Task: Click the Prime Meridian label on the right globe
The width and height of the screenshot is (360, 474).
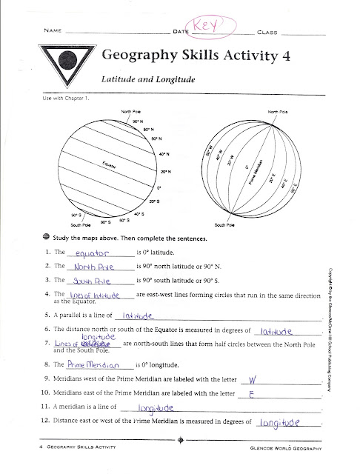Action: coord(257,170)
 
